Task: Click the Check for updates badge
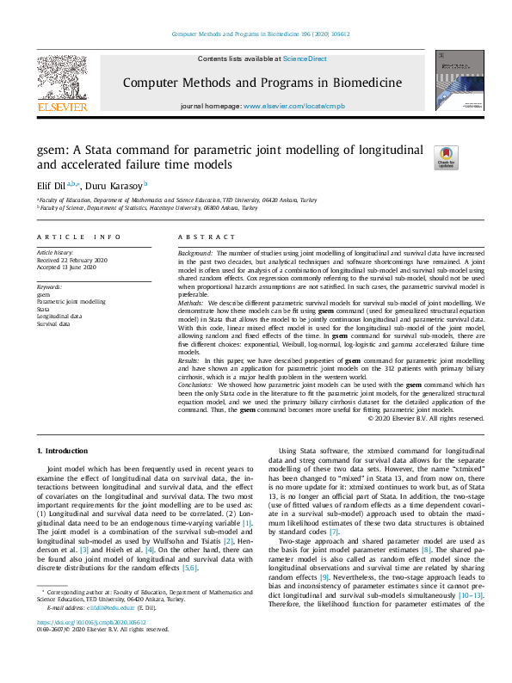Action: [446, 157]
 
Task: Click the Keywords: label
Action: [49, 286]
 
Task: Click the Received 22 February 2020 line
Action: [73, 261]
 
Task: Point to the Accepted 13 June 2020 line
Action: [67, 268]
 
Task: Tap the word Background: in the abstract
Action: [195, 254]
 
